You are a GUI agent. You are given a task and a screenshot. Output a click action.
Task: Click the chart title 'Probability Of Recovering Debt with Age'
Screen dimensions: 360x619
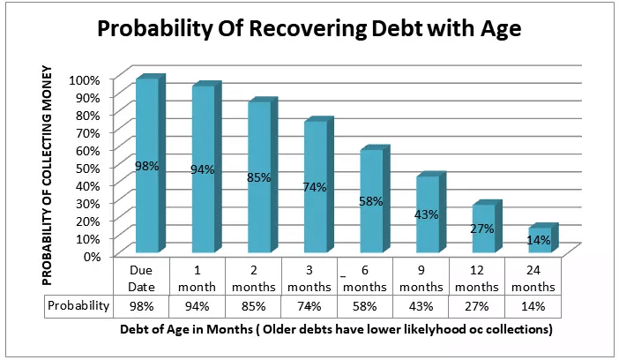[x=309, y=29]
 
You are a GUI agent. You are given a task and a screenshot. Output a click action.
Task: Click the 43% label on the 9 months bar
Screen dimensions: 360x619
[x=427, y=214]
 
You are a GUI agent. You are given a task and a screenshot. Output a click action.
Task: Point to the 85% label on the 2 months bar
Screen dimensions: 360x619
[x=258, y=177]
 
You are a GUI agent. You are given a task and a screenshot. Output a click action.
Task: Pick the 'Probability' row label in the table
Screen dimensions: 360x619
[x=79, y=305]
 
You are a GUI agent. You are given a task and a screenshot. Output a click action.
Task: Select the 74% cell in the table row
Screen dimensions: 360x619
[x=309, y=305]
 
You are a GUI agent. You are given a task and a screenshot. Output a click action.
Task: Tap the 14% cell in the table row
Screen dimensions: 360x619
[x=531, y=305]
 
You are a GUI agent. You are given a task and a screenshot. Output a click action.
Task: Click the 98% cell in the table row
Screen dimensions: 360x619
[x=143, y=305]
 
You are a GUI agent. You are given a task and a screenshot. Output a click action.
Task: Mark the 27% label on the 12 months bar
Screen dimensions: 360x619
[x=481, y=229]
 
